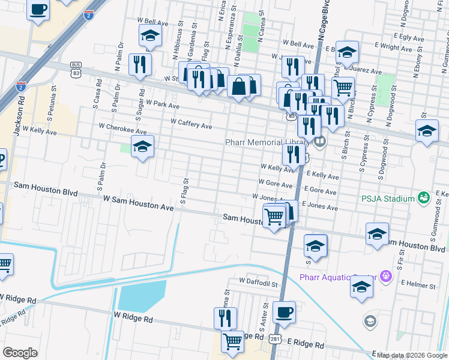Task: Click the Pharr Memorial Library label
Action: point(267,142)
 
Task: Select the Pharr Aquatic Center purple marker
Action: point(385,276)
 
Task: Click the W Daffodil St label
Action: point(259,281)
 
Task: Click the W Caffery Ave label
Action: point(191,123)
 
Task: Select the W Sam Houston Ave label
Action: point(138,202)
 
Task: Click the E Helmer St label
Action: point(421,283)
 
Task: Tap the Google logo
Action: point(20,353)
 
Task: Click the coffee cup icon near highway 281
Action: point(284,312)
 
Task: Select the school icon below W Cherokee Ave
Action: point(142,146)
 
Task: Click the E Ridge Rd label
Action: point(306,345)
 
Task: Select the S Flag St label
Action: point(185,189)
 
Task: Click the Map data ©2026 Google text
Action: point(412,355)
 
